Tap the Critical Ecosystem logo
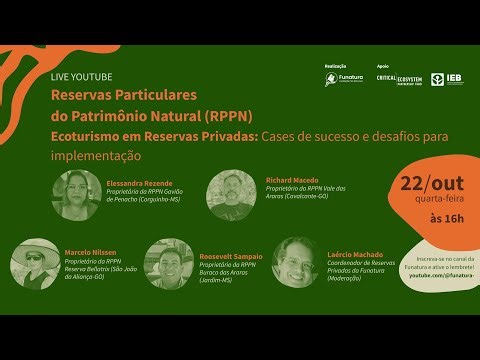pos(398,78)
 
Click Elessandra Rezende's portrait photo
pos(77,195)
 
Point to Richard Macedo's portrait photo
pos(231,195)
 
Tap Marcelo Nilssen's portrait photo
pos(35,263)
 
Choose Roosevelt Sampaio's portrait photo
pos(169,264)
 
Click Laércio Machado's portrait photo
pos(296,262)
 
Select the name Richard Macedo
pos(291,180)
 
